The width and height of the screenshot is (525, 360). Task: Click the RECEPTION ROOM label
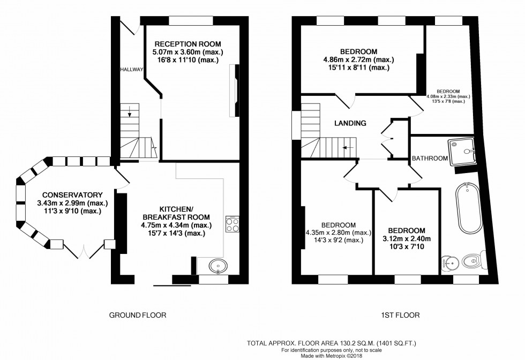187,44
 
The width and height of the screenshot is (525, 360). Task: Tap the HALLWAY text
131,69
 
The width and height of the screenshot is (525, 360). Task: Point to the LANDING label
350,123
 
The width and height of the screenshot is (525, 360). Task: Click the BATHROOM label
430,158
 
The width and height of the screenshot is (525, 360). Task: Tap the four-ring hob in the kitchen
232,224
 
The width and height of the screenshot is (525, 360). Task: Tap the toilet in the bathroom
472,261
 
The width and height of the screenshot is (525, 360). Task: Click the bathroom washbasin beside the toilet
449,262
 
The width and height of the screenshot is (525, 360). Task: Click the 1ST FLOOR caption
401,315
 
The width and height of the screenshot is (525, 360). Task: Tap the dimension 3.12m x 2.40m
407,238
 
